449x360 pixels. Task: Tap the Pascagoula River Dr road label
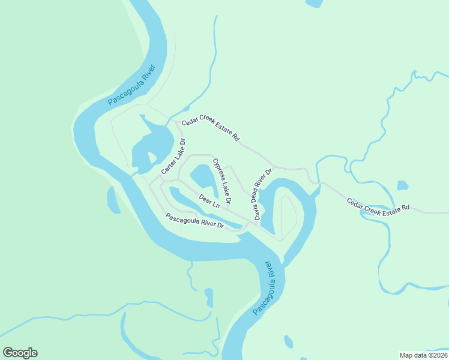(x=195, y=221)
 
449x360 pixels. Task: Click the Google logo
(x=20, y=353)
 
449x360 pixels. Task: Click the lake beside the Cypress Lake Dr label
(x=202, y=178)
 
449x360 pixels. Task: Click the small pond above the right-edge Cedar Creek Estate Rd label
(x=402, y=185)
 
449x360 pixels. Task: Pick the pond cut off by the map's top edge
(x=313, y=3)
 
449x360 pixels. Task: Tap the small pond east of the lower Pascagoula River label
(x=289, y=342)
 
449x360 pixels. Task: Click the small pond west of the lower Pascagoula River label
(x=209, y=298)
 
